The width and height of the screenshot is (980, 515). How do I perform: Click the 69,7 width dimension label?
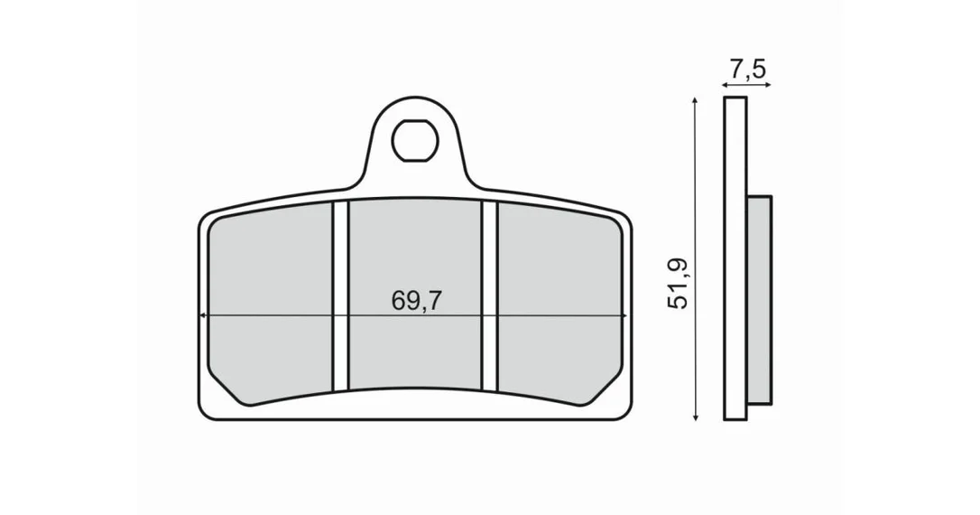tap(416, 301)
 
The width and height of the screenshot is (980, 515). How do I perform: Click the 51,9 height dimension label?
tap(678, 283)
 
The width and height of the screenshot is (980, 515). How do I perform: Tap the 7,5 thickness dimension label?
tap(746, 69)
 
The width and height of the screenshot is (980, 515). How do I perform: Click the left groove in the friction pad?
tap(340, 296)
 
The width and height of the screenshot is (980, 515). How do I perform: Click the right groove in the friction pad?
tap(489, 295)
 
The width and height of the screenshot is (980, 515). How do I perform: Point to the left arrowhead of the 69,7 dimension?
tap(202, 316)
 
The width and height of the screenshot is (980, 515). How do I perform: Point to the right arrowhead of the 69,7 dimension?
tap(623, 316)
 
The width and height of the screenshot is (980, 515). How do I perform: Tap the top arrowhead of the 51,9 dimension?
tap(695, 101)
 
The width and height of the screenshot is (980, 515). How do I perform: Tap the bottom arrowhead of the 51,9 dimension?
tap(695, 416)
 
